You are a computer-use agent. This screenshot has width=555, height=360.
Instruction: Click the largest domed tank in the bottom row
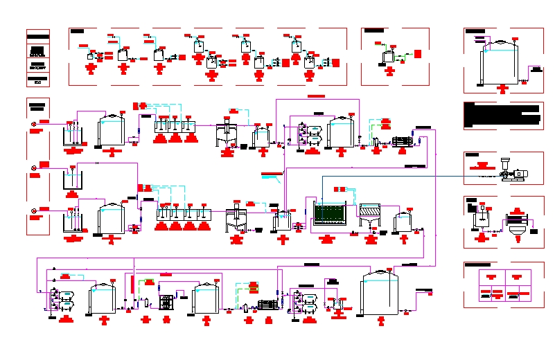(380, 294)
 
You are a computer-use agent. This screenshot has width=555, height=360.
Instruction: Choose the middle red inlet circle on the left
(34, 168)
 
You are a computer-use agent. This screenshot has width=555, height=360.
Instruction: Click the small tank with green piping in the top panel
(389, 56)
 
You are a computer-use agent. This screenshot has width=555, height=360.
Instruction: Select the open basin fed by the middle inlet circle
(72, 180)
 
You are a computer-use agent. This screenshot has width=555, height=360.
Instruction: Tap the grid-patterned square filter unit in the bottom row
(166, 303)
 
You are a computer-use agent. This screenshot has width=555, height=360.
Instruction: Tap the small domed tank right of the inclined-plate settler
(403, 222)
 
